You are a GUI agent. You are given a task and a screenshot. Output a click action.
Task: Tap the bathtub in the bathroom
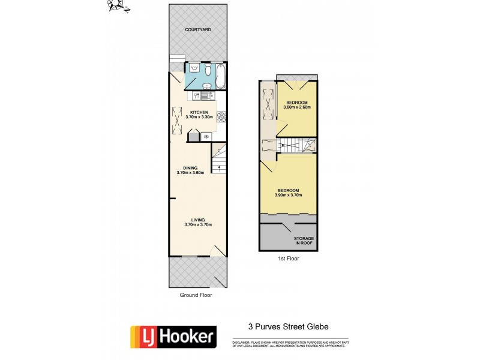220,76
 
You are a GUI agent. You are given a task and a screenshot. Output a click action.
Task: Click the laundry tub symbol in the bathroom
193,69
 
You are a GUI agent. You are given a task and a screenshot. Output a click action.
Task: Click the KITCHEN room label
199,113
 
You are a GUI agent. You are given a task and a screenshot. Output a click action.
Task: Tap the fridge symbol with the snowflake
207,137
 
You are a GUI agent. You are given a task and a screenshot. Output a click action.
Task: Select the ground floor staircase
219,163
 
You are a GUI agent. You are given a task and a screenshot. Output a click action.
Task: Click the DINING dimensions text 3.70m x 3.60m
191,173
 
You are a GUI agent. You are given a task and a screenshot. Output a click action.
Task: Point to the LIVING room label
199,220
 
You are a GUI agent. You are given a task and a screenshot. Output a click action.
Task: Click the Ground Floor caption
196,295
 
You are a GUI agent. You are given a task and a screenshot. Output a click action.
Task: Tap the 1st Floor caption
288,259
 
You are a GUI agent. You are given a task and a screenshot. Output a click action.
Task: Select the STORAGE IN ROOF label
304,241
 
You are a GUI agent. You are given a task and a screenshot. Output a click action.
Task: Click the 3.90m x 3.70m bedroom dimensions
289,196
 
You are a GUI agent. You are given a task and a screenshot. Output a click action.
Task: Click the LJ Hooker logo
173,337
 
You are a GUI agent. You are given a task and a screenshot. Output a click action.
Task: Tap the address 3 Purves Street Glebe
288,327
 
